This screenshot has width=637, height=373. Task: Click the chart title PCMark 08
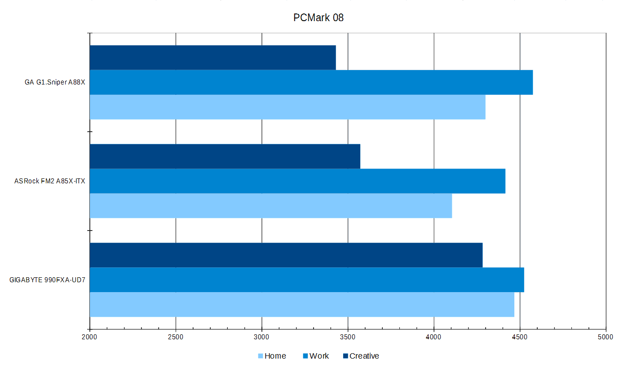(318, 18)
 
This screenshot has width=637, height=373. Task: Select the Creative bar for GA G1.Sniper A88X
(212, 58)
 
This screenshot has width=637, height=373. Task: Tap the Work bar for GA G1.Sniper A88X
(311, 82)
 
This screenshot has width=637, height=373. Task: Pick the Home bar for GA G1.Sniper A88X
(288, 107)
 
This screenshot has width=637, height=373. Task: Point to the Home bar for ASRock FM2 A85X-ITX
(270, 206)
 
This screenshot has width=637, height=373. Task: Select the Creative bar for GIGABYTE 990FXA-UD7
(286, 255)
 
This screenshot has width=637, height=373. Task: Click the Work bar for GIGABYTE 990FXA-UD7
(306, 280)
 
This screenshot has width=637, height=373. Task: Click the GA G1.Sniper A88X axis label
(55, 83)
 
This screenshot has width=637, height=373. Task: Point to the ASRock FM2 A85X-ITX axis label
(49, 181)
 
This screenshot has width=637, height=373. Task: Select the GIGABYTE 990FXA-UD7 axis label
(47, 280)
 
